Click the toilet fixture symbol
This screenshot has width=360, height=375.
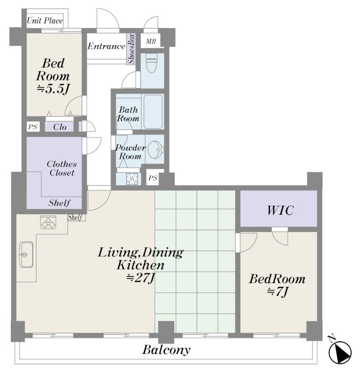click(x=152, y=63)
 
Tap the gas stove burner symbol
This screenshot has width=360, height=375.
click(x=48, y=222)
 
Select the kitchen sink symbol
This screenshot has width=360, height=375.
click(x=26, y=255)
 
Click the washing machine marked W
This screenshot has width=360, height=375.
click(x=132, y=179)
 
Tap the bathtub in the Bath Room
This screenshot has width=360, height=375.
click(x=153, y=112)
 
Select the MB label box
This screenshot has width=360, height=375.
click(x=151, y=41)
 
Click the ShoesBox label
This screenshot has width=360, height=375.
click(x=131, y=49)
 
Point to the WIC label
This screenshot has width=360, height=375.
click(x=280, y=210)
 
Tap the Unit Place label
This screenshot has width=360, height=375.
click(x=45, y=21)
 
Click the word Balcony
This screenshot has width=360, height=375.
click(x=167, y=350)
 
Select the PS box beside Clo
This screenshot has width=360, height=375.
click(x=33, y=127)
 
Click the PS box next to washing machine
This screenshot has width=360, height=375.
click(x=153, y=178)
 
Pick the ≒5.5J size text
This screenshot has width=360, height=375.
click(x=53, y=89)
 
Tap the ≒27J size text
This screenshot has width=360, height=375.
click(x=141, y=278)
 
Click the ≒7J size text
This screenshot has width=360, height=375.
click(x=278, y=292)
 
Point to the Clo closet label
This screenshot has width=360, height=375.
click(x=60, y=127)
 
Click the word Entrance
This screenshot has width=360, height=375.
click(x=107, y=46)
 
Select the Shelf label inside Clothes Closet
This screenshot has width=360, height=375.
click(x=60, y=203)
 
